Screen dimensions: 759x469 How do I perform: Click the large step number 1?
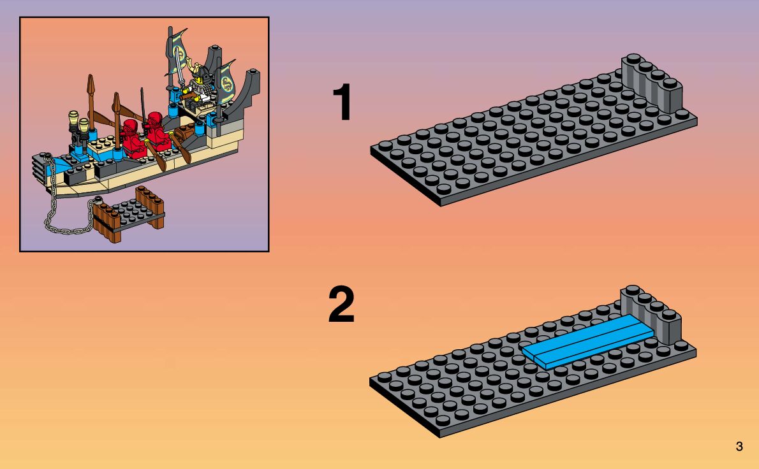point(343,104)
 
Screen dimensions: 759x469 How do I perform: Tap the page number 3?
point(739,447)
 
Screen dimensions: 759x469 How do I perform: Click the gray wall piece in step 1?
point(652,85)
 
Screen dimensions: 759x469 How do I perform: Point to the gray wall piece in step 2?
point(652,315)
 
